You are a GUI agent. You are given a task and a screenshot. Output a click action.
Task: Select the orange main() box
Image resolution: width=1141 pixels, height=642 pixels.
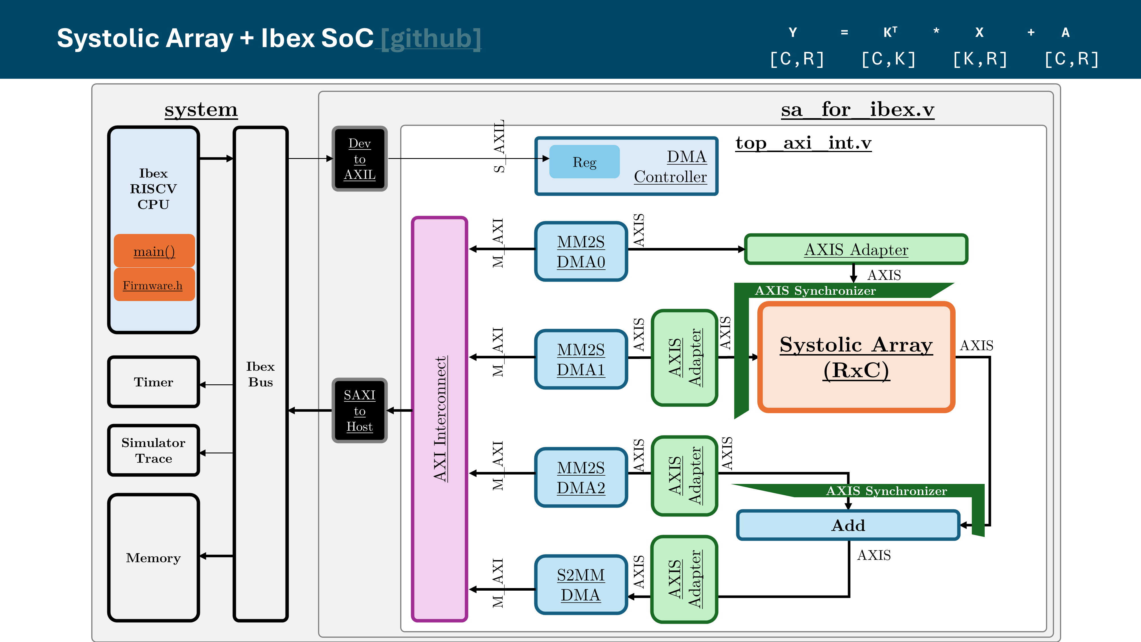pos(154,251)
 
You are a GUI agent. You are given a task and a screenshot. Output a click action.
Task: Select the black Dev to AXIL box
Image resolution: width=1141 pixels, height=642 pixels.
pos(359,159)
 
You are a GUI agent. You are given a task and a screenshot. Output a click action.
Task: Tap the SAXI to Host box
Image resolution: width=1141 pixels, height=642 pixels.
pos(359,410)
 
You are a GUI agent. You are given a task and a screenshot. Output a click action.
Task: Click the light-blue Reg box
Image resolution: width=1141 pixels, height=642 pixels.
pos(584,162)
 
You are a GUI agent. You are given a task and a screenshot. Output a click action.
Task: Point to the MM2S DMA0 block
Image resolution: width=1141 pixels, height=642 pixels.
pos(581,251)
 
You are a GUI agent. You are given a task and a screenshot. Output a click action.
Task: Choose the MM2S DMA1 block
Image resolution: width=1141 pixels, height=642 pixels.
pos(581,359)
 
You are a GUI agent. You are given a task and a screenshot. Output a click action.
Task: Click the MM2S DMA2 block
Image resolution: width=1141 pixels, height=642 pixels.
pos(581,477)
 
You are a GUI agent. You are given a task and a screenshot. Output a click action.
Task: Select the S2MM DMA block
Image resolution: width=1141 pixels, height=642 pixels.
pos(581,584)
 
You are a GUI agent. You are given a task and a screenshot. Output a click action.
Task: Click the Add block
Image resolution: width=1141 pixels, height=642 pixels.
pos(848,525)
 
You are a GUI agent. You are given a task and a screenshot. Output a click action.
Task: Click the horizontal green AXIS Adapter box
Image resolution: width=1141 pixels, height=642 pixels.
pos(856,249)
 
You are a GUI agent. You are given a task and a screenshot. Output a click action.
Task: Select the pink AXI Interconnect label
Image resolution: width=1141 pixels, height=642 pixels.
pos(440,419)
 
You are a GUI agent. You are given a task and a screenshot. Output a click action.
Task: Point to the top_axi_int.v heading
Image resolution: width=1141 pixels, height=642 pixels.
pos(803,143)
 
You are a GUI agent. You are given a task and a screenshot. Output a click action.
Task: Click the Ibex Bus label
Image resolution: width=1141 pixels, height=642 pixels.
pos(260,374)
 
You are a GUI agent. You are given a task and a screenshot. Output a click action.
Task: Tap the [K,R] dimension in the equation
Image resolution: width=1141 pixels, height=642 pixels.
pos(980,59)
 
